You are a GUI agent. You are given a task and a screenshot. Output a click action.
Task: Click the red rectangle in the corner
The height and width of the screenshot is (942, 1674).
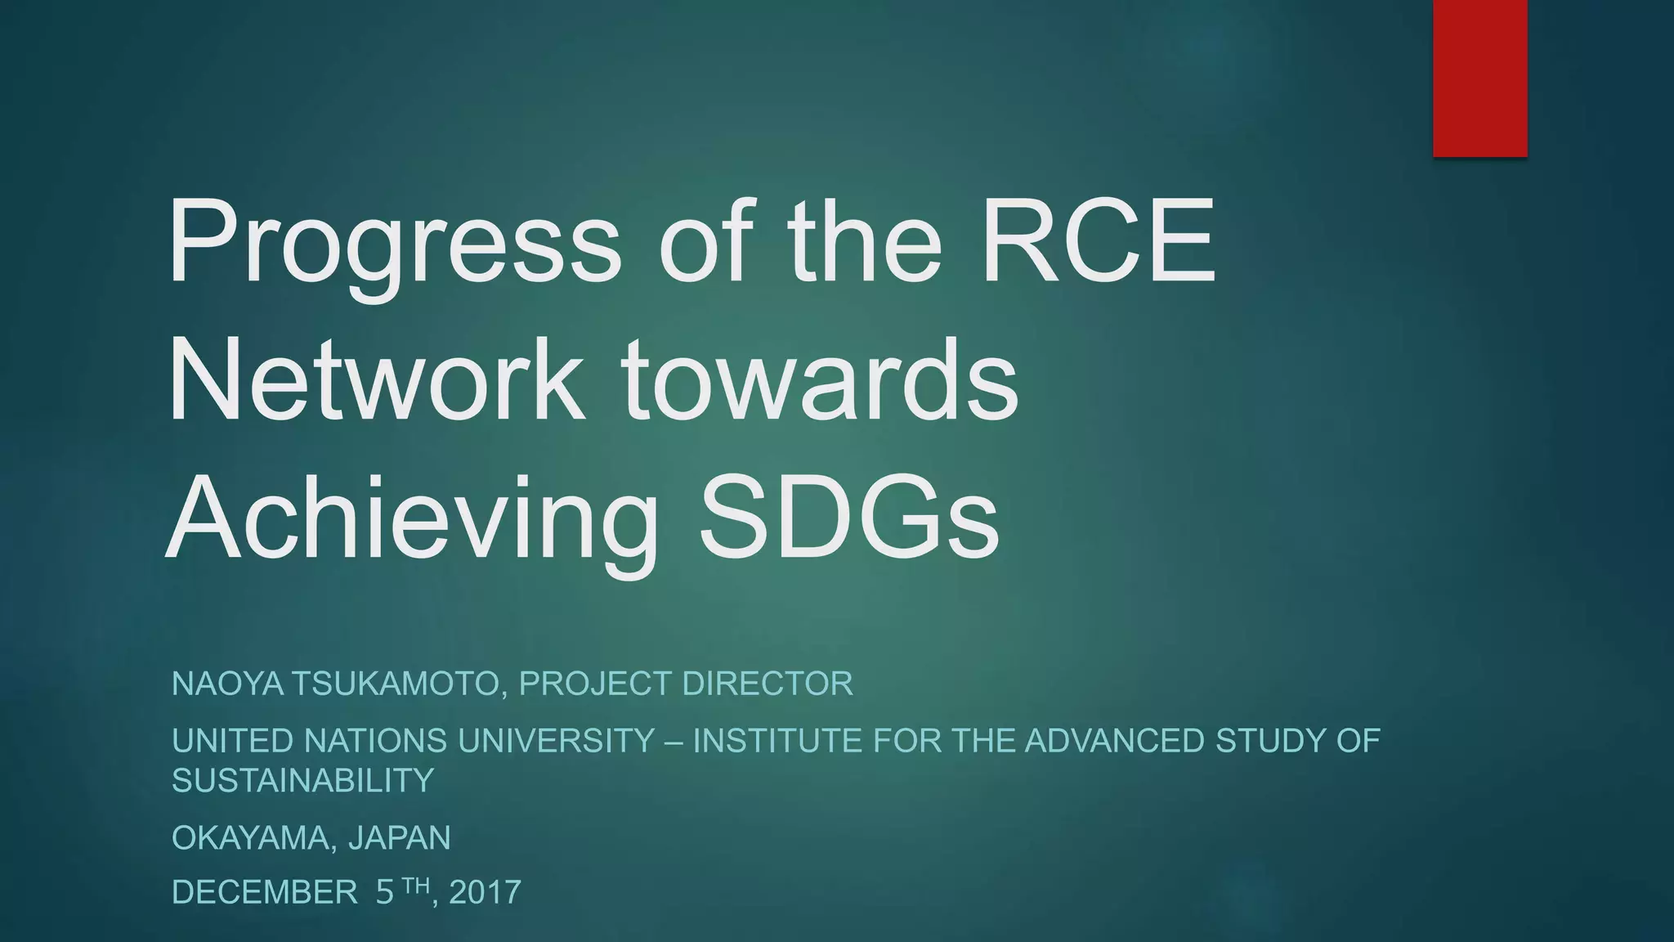(1479, 78)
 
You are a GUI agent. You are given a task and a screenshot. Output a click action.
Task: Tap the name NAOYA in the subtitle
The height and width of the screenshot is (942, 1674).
(227, 684)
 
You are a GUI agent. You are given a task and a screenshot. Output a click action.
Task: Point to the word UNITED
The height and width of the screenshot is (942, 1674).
(232, 741)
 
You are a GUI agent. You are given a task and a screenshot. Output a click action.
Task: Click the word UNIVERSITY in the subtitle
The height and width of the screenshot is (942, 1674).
(557, 741)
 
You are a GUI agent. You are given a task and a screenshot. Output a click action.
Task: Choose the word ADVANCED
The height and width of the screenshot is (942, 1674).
(1114, 741)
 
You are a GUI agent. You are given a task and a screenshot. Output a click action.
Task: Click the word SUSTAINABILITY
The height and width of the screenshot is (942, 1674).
(302, 781)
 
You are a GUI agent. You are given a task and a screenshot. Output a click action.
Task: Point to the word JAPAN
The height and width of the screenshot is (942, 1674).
(400, 838)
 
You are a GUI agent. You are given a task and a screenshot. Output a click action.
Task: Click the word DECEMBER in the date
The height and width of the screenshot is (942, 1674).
(265, 892)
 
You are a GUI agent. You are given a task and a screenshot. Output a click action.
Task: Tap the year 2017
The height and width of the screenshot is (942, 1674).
(485, 892)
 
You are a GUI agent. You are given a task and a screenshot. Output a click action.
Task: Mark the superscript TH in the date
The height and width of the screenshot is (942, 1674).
(416, 884)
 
